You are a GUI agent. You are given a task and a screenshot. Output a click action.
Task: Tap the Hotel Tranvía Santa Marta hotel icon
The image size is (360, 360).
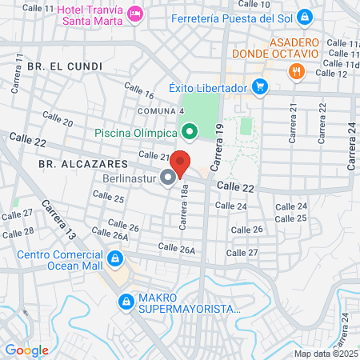pos(135,14)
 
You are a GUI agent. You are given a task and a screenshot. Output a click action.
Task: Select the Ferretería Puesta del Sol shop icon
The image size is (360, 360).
pos(305,17)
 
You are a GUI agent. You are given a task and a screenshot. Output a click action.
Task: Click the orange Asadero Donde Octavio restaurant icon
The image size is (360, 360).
pos(297,71)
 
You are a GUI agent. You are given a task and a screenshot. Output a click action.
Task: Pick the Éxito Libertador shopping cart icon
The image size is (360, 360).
pos(259,86)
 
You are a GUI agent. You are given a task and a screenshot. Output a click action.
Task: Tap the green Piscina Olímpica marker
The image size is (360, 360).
pos(190,131)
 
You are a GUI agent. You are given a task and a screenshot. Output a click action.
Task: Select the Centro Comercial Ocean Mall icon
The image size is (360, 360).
pos(115,258)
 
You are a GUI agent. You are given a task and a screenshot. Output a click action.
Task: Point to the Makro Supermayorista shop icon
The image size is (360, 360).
pos(126,302)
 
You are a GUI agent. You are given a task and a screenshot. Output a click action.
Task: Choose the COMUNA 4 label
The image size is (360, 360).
pos(162,110)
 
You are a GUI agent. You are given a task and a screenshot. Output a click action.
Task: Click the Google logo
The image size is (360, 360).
pos(26,350)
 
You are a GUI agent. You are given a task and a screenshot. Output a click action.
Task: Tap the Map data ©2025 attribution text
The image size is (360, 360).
pos(326,354)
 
